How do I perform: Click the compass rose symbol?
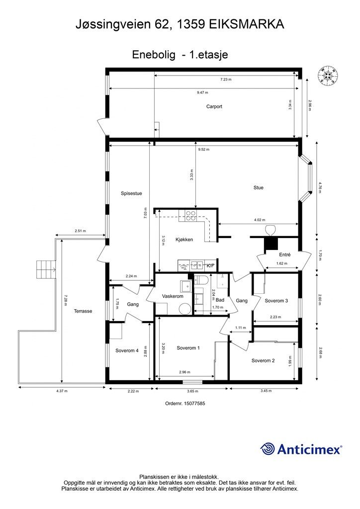coord(327,76)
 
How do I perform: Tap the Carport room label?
coord(214,106)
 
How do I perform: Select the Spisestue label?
coord(131,193)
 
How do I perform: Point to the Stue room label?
coord(259,187)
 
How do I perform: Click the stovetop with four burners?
coord(190,216)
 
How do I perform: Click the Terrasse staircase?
coord(45,269)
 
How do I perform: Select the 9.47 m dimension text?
coord(202,92)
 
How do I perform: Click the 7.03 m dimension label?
coord(145,213)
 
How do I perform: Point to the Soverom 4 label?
coord(127,350)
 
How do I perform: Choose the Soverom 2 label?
coord(263,361)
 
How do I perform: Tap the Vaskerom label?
coord(173,296)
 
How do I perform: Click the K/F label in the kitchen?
coord(211,266)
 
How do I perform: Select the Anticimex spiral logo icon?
coord(267,449)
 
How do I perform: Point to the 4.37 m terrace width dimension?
coord(62,391)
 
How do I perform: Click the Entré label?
coord(285,255)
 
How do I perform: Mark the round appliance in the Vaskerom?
coord(185,309)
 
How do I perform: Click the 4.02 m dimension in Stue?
coord(260,220)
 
